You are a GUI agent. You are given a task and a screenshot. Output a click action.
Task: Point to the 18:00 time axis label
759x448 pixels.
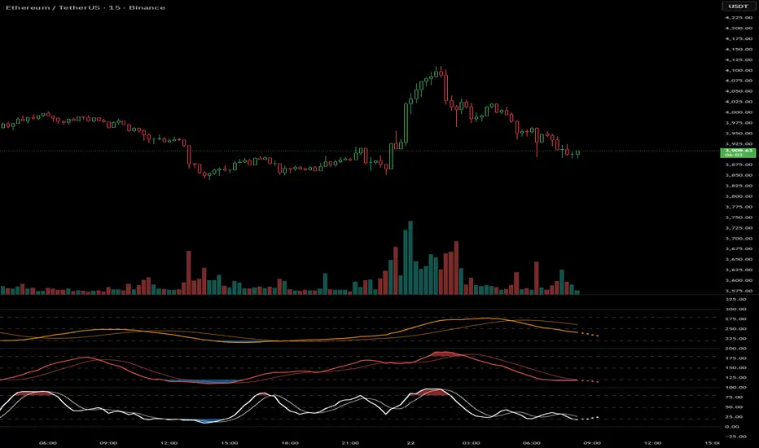pos(290,443)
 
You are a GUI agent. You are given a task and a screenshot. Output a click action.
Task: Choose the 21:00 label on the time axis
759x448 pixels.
pos(350,443)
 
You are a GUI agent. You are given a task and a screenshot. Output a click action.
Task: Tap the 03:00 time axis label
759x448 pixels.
pos(471,443)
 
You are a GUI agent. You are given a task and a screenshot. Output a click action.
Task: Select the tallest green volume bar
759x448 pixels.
pos(410,257)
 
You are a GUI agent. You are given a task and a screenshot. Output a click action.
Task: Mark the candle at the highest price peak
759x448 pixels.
pos(438,72)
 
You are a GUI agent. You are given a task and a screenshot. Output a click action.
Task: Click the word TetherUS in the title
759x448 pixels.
pos(76,7)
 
